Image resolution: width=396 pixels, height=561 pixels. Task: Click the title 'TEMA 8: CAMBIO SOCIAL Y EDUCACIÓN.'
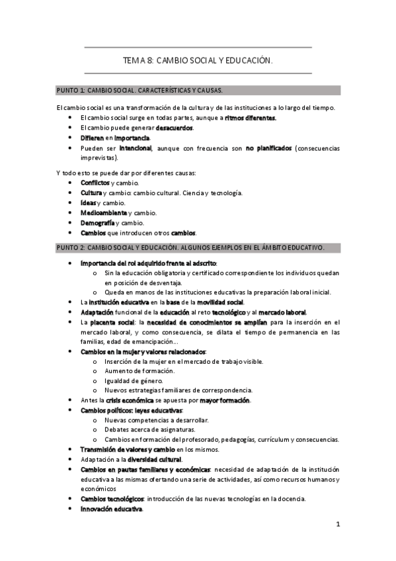pos(198,60)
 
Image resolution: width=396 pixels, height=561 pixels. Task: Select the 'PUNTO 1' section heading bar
pos(198,90)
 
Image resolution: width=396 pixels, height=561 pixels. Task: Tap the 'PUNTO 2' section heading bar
pos(198,247)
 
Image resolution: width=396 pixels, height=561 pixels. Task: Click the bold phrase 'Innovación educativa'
pos(111,509)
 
